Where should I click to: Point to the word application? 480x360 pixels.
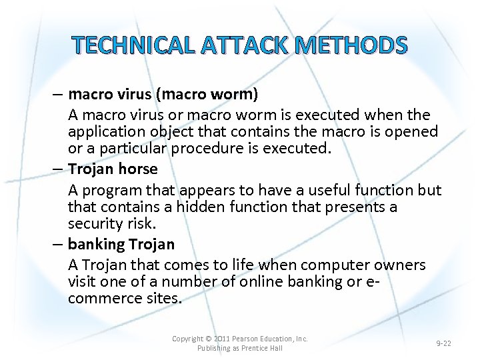(105, 132)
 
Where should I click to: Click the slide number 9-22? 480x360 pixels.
(443, 343)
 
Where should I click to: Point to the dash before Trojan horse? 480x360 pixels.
(59, 169)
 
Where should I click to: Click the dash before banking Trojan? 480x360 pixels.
(59, 244)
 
